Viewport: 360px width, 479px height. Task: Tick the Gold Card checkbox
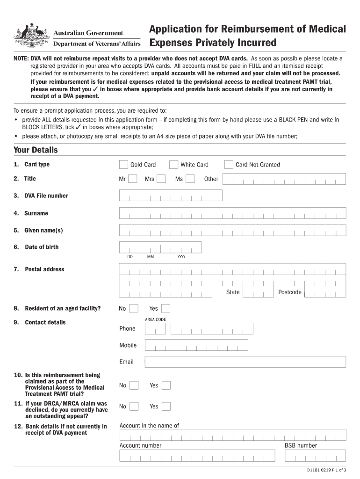[123, 165]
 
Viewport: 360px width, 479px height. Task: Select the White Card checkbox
[174, 165]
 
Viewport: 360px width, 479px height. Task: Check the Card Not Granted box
[229, 165]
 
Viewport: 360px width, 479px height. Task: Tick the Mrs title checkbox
[161, 179]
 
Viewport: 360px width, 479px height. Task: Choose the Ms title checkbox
[190, 179]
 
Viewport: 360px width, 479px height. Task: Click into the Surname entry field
[232, 213]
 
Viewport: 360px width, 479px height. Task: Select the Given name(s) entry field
[232, 230]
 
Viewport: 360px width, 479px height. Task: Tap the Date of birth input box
[160, 247]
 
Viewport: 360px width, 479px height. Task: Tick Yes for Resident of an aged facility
[166, 308]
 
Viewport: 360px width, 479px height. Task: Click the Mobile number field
[196, 345]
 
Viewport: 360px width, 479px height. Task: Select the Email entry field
[245, 362]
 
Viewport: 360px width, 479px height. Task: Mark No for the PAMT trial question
[134, 385]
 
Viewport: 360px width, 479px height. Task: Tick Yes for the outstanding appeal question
[166, 406]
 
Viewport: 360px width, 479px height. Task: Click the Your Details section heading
[36, 150]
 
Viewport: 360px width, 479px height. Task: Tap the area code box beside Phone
[155, 328]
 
